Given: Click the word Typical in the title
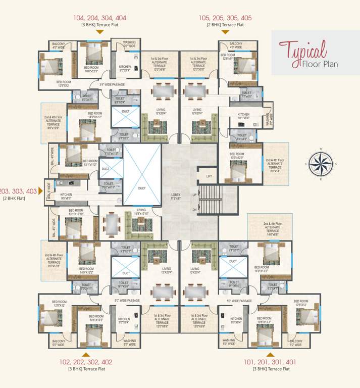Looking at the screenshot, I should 303,51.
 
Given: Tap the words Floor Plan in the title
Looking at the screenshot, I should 320,64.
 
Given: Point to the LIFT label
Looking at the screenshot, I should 209,176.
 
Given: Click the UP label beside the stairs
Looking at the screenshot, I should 194,194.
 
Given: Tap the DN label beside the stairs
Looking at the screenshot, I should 194,210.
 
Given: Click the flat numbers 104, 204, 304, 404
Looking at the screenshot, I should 100,18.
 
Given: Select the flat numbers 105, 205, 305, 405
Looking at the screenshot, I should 225,18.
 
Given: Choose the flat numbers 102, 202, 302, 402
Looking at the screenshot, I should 86,362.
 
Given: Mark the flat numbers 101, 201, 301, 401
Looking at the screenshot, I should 270,362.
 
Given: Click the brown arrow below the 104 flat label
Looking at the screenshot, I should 100,32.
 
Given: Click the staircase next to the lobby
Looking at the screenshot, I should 207,201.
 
